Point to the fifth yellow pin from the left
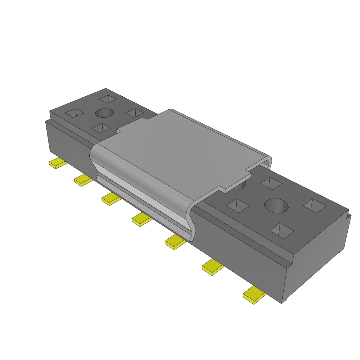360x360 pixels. click(x=175, y=243)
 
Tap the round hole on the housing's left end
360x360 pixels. click(x=104, y=114)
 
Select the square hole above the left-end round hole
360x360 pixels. click(x=107, y=99)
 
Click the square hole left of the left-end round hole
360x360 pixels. click(x=75, y=113)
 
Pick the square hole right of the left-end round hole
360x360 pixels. click(x=134, y=113)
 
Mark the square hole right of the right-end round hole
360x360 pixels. click(x=315, y=206)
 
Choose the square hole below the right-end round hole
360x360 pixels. click(x=282, y=230)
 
